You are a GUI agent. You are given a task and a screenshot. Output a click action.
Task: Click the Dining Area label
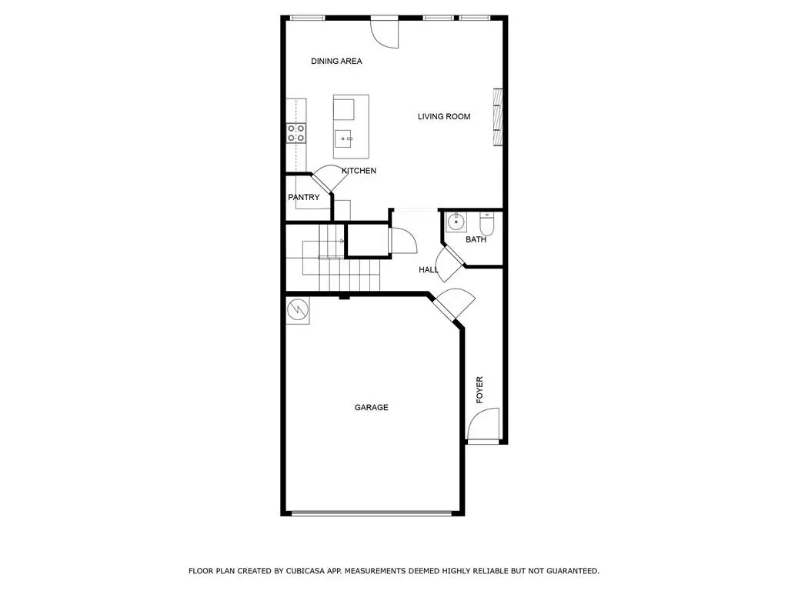(x=336, y=62)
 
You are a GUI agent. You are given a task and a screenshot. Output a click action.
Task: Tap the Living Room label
(x=444, y=117)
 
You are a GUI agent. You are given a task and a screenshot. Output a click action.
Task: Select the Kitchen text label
(x=359, y=171)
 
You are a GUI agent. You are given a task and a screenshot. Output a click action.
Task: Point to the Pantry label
(x=304, y=198)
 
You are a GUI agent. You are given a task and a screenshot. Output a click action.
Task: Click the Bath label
(x=476, y=240)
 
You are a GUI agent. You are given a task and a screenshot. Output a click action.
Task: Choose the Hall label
(x=428, y=270)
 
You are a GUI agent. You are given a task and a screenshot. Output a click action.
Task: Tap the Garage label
(x=371, y=408)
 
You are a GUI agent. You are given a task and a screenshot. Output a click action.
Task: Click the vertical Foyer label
(x=479, y=390)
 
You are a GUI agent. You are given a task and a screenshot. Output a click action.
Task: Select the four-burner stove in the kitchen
(x=296, y=133)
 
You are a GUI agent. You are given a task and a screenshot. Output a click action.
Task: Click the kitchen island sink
(x=344, y=139)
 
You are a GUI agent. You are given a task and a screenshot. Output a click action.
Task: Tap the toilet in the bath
(x=486, y=224)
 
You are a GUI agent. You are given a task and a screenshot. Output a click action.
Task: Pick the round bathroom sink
(x=456, y=223)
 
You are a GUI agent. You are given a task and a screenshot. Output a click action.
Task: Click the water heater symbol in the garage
(x=297, y=310)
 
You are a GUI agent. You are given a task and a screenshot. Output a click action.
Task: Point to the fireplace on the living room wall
(x=497, y=118)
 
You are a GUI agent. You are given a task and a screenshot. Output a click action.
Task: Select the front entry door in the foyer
(x=484, y=425)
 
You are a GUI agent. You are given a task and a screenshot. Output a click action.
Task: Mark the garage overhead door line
(x=371, y=513)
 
